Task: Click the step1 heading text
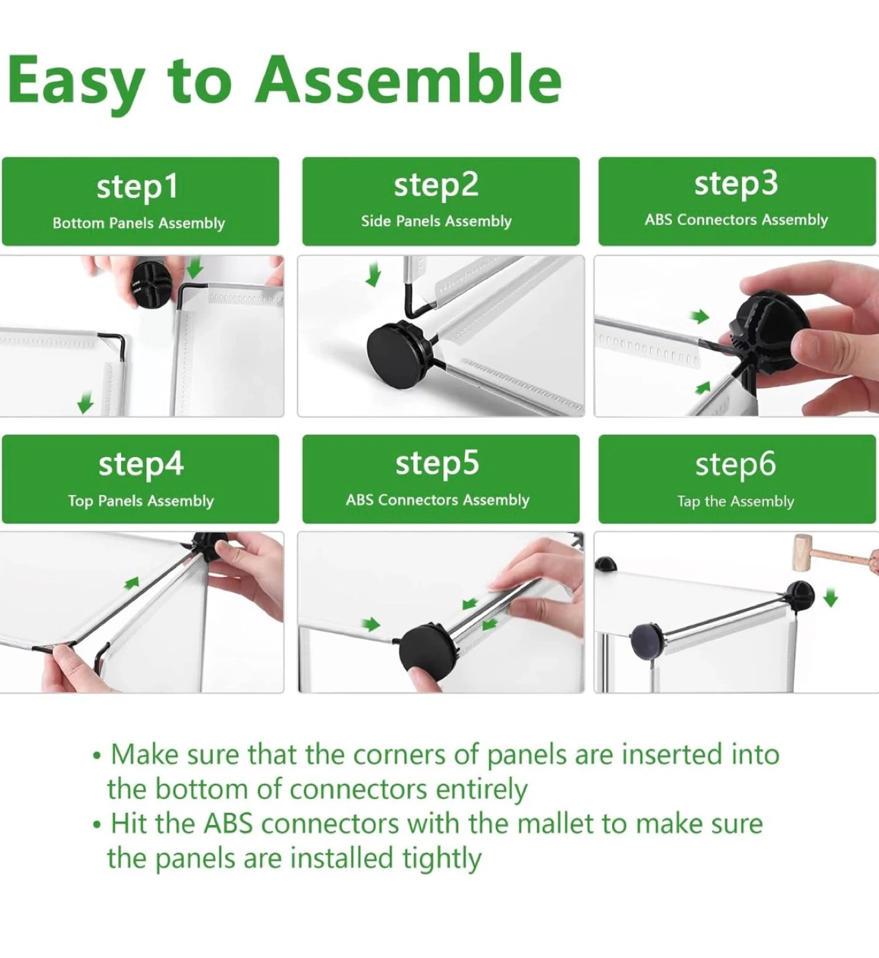pos(137,187)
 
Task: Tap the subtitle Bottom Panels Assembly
pos(138,223)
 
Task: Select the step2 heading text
pos(436,186)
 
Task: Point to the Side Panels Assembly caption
pos(436,221)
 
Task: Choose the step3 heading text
pos(736,184)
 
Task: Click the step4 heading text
pos(141,464)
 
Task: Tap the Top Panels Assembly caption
pos(141,501)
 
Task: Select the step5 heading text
pos(437,464)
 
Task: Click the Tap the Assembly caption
pos(736,502)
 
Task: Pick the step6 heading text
pos(736,464)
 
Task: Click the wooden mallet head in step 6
pos(803,553)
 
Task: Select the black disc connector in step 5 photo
pos(428,649)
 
